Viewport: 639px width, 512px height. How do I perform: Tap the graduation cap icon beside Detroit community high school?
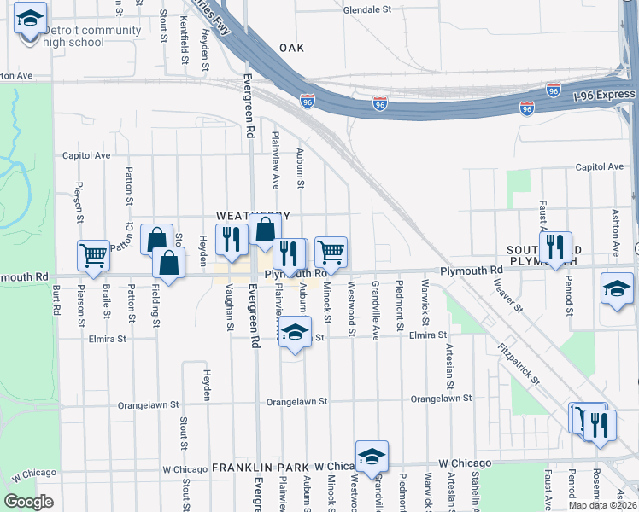click(x=31, y=19)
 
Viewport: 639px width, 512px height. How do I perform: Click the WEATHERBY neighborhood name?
click(x=253, y=216)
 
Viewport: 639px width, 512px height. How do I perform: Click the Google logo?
click(x=29, y=501)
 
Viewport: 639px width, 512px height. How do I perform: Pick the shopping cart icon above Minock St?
click(x=331, y=252)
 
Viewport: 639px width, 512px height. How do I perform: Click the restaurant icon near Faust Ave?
click(x=555, y=247)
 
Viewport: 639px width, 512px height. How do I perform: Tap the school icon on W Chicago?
click(x=372, y=456)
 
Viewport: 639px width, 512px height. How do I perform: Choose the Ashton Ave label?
click(x=614, y=233)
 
